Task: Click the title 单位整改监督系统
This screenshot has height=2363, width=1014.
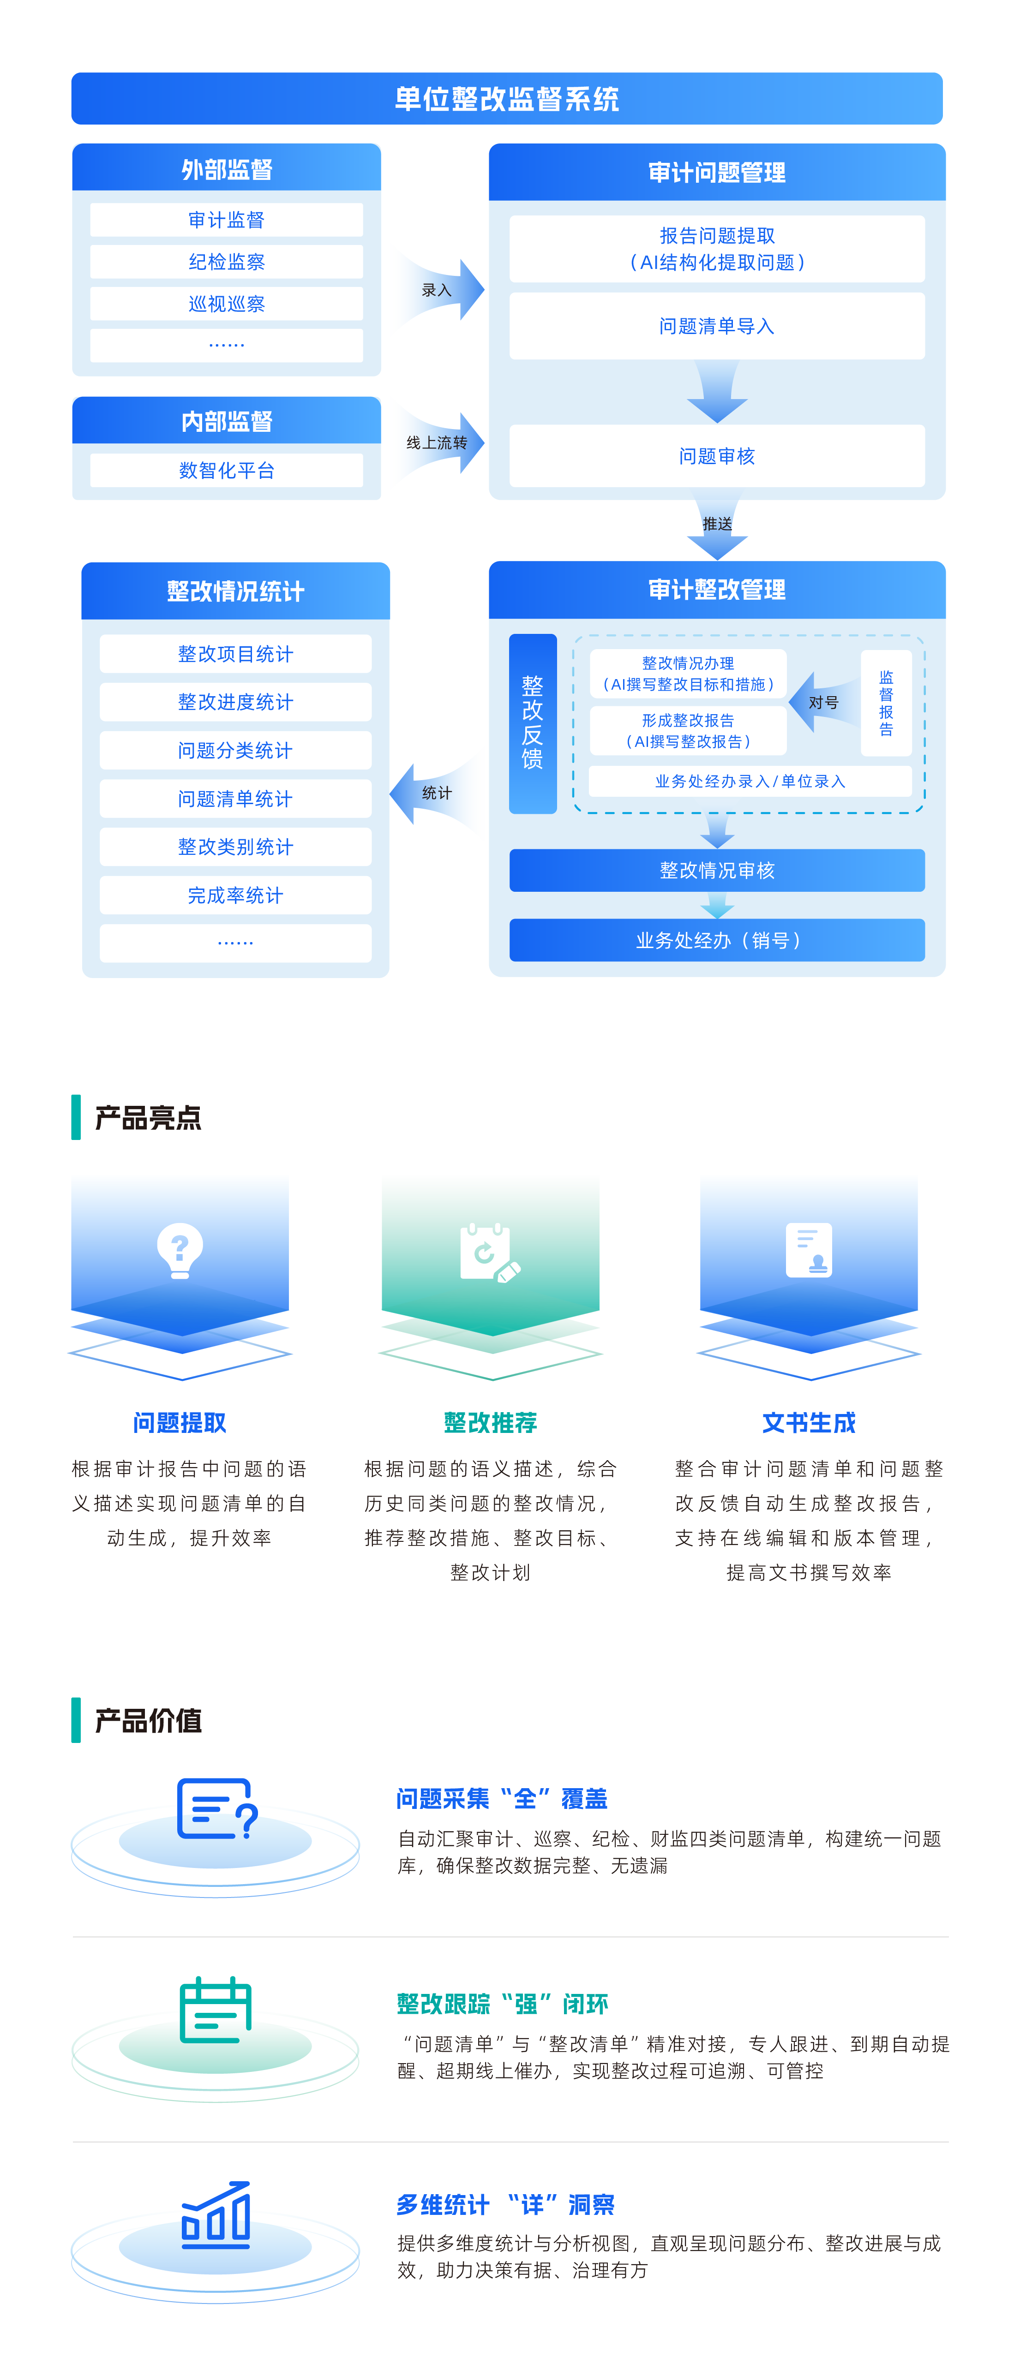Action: (x=507, y=99)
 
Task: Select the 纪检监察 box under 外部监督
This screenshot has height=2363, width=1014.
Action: (x=227, y=262)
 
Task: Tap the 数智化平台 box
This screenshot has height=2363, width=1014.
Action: (x=227, y=471)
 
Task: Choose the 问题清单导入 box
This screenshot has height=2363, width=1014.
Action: (x=717, y=326)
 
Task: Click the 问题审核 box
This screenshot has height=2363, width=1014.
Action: (x=717, y=456)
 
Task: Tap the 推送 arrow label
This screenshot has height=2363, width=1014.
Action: (x=717, y=524)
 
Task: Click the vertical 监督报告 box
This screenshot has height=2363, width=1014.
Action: (x=886, y=703)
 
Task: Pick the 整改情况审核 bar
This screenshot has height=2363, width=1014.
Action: (x=717, y=870)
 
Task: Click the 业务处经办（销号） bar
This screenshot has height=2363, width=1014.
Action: (x=717, y=940)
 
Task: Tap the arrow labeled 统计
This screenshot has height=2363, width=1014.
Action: (x=433, y=794)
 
